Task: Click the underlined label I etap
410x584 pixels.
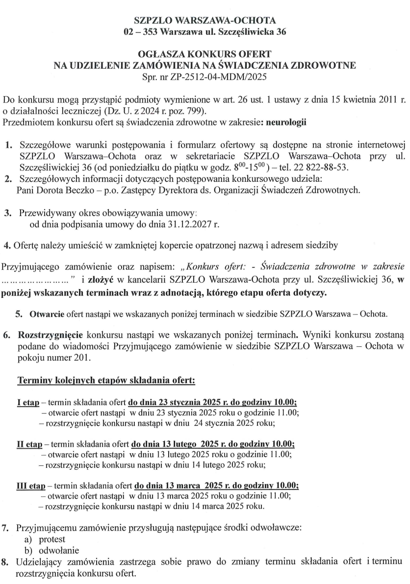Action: (x=28, y=402)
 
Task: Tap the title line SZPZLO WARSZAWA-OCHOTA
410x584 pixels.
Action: (x=205, y=21)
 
